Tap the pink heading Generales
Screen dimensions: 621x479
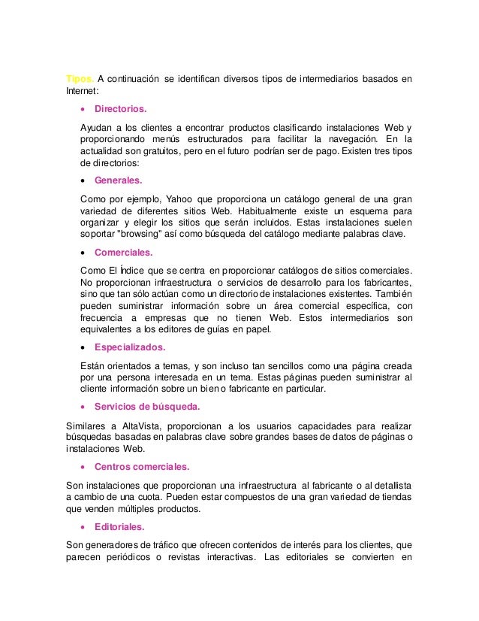[x=119, y=180]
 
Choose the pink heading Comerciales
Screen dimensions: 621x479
[x=124, y=253]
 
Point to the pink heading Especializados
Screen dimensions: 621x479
[x=130, y=347]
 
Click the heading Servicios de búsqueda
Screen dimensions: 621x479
[x=147, y=407]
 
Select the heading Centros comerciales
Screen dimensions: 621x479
[x=142, y=466]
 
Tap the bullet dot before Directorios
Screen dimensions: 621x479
[x=83, y=109]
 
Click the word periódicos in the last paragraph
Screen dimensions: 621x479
[x=146, y=556]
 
